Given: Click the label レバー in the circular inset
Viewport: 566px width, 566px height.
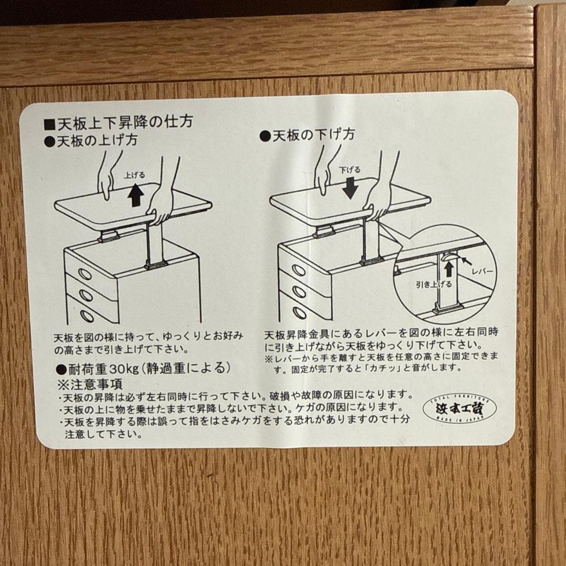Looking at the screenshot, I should tap(482, 272).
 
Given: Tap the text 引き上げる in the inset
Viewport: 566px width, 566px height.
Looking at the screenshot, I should tap(434, 284).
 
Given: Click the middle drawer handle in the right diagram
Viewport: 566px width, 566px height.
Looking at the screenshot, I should tap(299, 291).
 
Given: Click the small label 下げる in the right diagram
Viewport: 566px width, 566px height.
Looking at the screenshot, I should tap(350, 170).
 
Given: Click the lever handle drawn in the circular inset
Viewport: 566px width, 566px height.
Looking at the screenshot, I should tap(450, 257).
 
